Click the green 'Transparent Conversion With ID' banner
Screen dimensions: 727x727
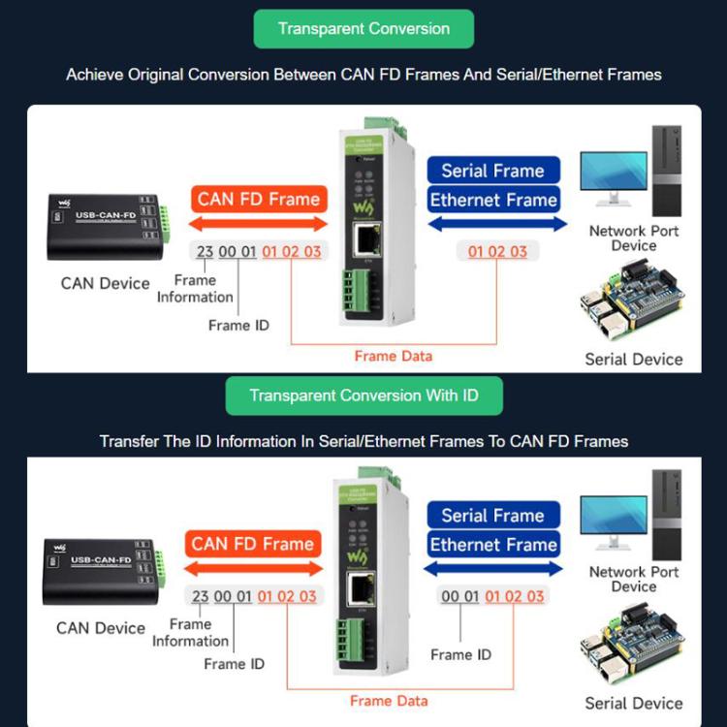[363, 395]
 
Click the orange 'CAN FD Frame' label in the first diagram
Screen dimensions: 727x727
[258, 200]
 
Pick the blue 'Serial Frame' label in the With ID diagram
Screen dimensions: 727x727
[492, 516]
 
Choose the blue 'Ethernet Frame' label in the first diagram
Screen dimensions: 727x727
[493, 201]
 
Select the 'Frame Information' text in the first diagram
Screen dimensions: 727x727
[195, 289]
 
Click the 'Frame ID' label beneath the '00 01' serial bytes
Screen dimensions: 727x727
[460, 654]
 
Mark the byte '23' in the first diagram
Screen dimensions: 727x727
[205, 252]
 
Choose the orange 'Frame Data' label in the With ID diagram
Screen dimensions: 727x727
[389, 701]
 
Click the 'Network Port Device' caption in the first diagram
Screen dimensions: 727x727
[634, 238]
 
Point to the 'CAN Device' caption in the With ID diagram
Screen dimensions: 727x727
[101, 627]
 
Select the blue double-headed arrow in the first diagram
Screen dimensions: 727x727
[496, 224]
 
